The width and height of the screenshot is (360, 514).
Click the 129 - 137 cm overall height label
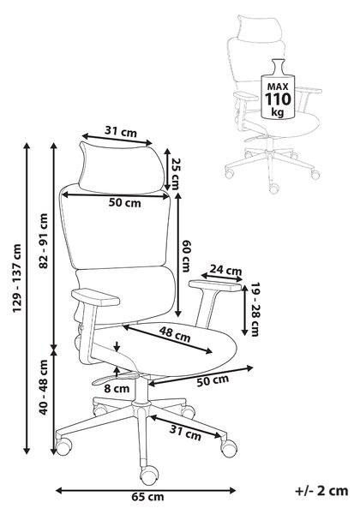coord(17,278)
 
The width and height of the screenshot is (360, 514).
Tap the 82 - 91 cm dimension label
coord(44,241)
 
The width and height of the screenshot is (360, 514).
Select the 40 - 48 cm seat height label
coord(44,387)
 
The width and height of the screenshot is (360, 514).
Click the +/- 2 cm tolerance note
coord(321,491)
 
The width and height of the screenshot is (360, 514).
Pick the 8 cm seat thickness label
coord(117,389)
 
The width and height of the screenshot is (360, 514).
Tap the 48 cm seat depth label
coord(175,334)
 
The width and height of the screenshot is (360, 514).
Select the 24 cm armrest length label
coord(225,270)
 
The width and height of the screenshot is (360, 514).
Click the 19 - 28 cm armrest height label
coord(255,309)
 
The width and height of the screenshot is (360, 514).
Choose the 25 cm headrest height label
coord(175,174)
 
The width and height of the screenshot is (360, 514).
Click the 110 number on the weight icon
coord(278,99)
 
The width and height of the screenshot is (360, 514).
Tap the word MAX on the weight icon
coord(278,87)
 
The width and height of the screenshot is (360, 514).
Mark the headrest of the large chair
coord(122,166)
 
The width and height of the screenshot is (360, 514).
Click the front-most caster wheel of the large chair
coord(149,475)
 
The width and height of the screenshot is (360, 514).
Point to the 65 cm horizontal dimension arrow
coord(146,491)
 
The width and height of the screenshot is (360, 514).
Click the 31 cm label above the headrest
coord(120,132)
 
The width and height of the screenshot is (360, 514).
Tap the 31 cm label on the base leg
coord(185,433)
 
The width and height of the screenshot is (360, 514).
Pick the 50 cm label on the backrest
coord(125,202)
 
